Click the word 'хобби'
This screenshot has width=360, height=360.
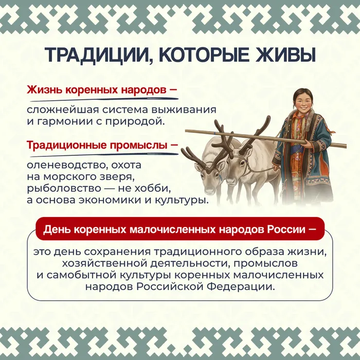[153, 188]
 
